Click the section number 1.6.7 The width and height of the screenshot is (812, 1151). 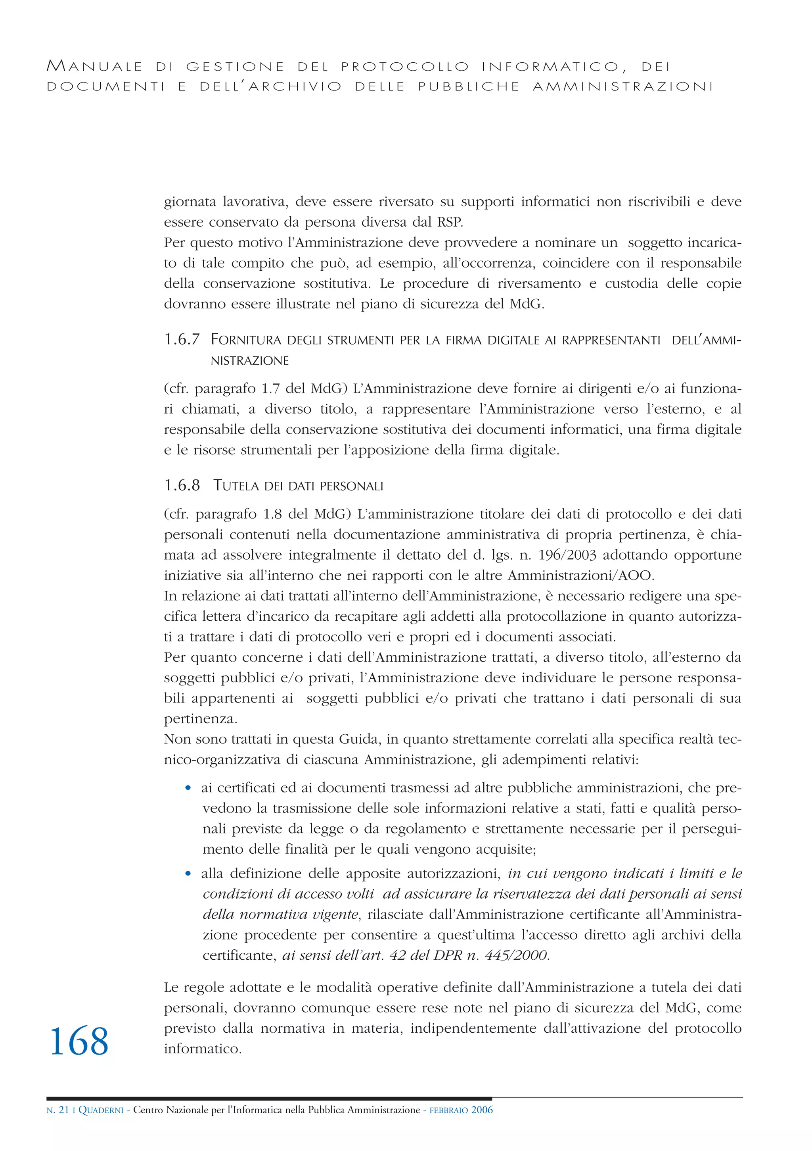[182, 340]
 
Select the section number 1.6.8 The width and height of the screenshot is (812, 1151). [182, 485]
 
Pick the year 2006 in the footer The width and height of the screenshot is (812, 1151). [482, 1124]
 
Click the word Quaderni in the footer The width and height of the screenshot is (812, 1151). [101, 1124]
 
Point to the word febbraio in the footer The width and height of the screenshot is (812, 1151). [449, 1124]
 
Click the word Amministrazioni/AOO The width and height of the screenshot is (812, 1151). [580, 575]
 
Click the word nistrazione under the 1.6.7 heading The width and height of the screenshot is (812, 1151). [249, 361]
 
